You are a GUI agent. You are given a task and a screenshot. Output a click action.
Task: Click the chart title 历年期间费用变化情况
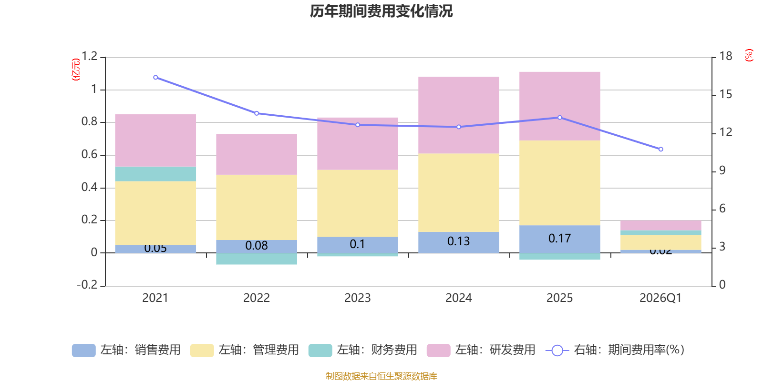[x=381, y=11]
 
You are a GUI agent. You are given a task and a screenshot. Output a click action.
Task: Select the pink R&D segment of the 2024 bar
[x=459, y=115]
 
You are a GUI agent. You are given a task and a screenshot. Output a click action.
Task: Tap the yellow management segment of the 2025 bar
[x=559, y=183]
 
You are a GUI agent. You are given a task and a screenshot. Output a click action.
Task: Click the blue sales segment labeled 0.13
[x=459, y=242]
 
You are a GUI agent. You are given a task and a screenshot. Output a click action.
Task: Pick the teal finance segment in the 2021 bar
[x=155, y=174]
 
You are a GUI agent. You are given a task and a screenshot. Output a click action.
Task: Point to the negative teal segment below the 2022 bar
[x=257, y=259]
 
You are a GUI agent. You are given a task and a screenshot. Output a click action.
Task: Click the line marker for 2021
[x=155, y=77]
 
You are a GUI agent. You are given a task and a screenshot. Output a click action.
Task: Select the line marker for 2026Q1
[x=660, y=149]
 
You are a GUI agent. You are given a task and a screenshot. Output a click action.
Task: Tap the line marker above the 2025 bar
[x=559, y=117]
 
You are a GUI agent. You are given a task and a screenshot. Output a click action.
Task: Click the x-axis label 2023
[x=358, y=298]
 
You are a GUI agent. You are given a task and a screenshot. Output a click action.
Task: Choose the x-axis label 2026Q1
[x=660, y=298]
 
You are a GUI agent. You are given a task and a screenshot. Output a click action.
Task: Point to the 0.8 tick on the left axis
[x=89, y=122]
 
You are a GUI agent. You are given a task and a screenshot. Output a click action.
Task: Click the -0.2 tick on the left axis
[x=87, y=285]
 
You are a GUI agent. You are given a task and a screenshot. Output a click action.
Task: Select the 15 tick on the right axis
[x=726, y=94]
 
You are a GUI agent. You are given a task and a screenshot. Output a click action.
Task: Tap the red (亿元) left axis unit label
[x=75, y=70]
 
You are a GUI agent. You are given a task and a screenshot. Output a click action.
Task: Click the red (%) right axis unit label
[x=749, y=55]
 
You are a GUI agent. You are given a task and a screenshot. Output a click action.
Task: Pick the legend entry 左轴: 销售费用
[x=126, y=350]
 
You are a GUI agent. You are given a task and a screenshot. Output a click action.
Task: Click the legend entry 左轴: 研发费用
[x=481, y=350]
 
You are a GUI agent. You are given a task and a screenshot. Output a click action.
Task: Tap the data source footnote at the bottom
[x=381, y=376]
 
